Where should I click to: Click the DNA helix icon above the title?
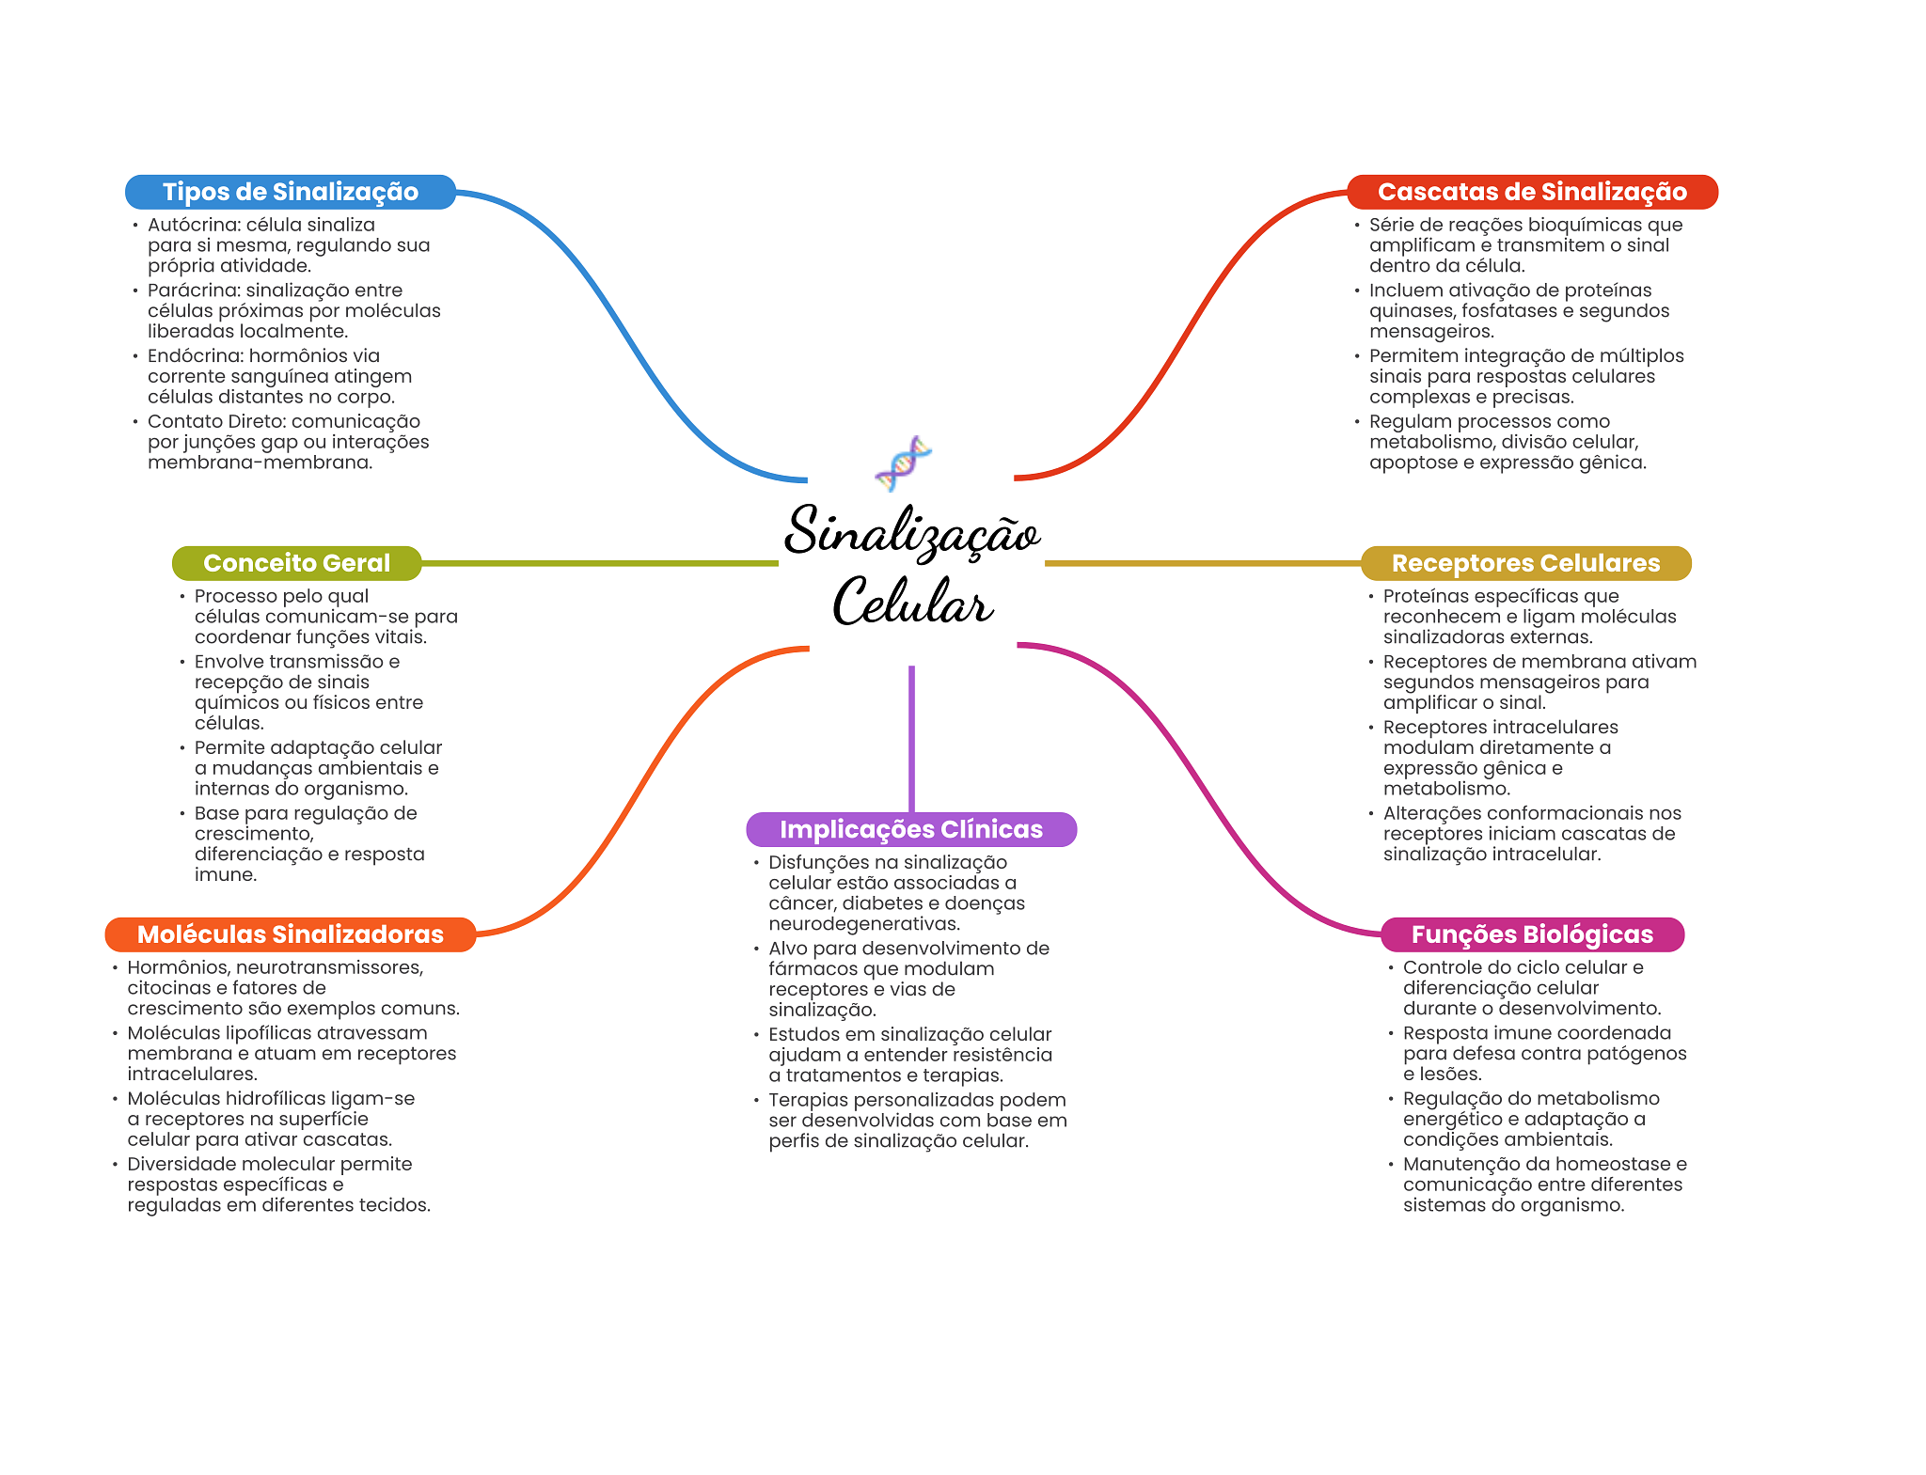coord(903,463)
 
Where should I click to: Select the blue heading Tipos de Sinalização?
coord(291,192)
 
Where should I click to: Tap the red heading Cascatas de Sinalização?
coord(1532,192)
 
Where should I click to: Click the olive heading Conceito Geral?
coord(296,563)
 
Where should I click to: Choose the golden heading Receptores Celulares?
coord(1525,563)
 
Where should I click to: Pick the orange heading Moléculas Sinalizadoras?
coord(291,934)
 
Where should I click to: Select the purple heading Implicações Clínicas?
coord(911,829)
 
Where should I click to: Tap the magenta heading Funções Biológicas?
coord(1532,934)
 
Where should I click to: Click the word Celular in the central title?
coord(912,602)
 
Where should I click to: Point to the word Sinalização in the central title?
coord(912,532)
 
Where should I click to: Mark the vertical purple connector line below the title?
coord(911,739)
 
